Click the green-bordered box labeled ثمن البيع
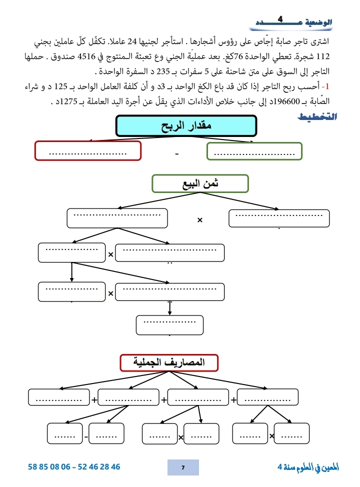(x=200, y=183)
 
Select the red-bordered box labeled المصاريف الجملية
(x=169, y=362)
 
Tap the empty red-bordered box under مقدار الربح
(x=88, y=151)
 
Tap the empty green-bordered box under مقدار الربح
(x=254, y=151)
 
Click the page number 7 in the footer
(x=183, y=467)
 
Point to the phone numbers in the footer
(x=74, y=467)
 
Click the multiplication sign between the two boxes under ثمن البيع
(x=199, y=220)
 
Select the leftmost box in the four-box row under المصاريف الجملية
(x=59, y=398)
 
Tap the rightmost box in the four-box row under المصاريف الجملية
(x=264, y=398)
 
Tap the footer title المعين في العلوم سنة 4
(x=308, y=467)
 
